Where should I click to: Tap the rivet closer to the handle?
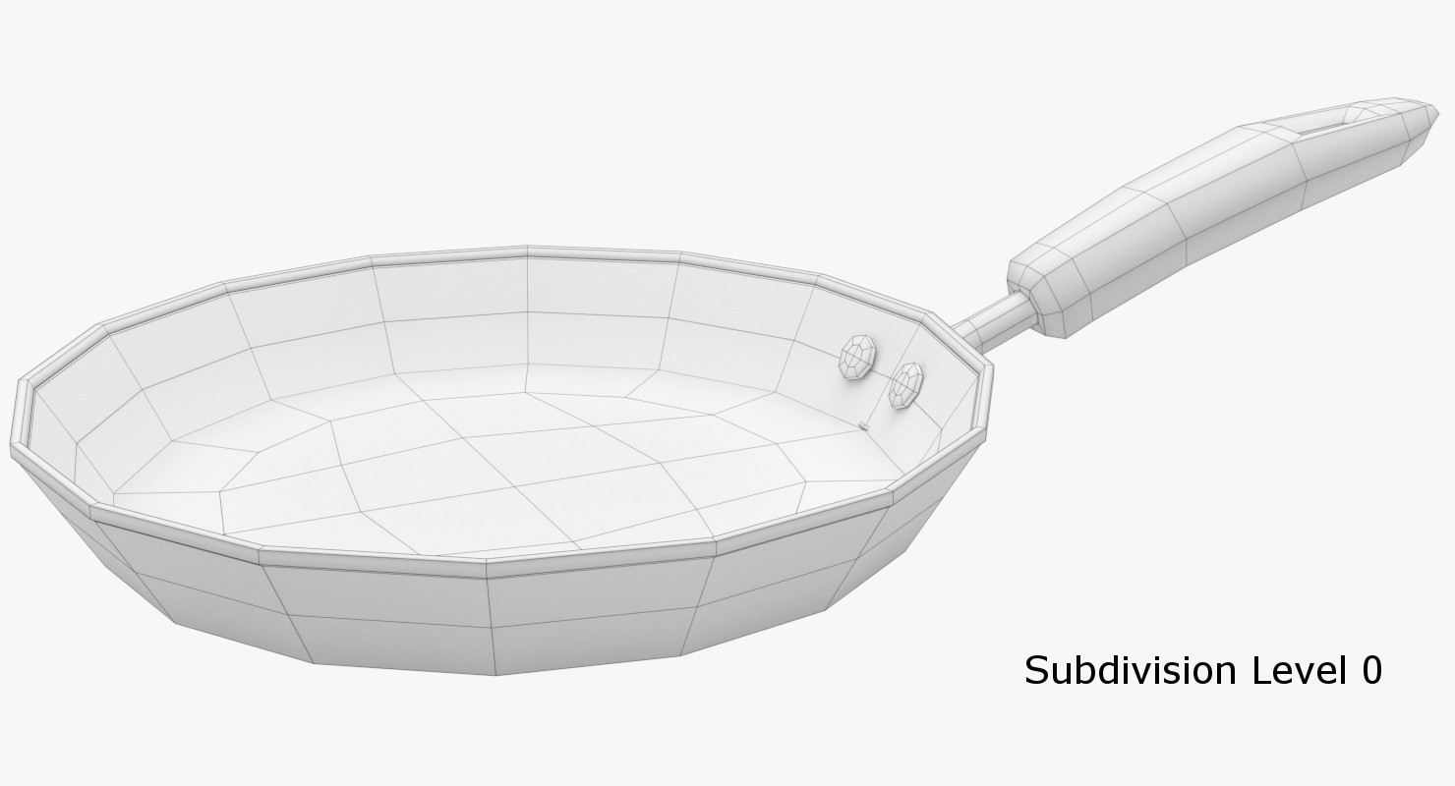tap(905, 385)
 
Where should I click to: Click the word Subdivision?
tap(1130, 671)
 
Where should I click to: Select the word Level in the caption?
tap(1296, 671)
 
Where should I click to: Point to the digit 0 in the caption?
tap(1371, 671)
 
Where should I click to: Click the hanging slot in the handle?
tap(1318, 124)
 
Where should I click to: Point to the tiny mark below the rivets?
tap(863, 425)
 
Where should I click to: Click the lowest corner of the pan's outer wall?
tap(496, 674)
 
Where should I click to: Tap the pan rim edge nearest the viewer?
tap(488, 566)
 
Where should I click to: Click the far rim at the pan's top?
tap(528, 252)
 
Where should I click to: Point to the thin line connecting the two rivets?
tap(882, 371)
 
